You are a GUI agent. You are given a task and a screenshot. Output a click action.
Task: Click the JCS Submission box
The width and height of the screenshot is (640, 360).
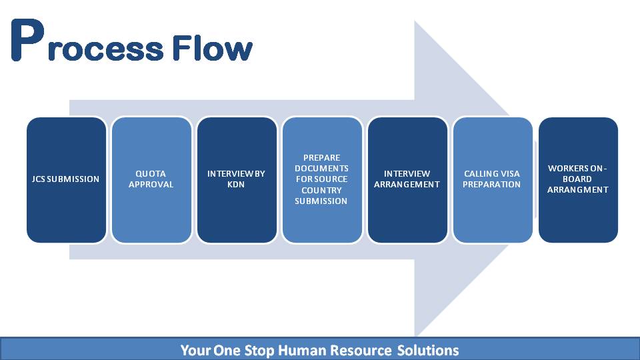pyautogui.click(x=67, y=180)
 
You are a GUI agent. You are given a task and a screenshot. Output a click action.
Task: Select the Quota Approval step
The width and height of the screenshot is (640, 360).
pyautogui.click(x=151, y=180)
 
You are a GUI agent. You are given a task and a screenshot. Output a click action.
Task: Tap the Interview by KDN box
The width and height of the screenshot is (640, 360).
pyautogui.click(x=237, y=180)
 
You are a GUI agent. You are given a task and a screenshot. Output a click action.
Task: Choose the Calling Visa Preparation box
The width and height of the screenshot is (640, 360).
pyautogui.click(x=493, y=180)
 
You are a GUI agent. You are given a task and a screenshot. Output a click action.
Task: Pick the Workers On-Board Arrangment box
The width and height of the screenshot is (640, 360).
pyautogui.click(x=578, y=180)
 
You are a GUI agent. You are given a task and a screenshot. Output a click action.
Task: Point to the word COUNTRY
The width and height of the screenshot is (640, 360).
pyautogui.click(x=321, y=190)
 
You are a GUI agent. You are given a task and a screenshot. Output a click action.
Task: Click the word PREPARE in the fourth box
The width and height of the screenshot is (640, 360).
pyautogui.click(x=321, y=157)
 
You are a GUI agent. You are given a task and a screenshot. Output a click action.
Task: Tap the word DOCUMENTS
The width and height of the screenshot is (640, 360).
pyautogui.click(x=321, y=168)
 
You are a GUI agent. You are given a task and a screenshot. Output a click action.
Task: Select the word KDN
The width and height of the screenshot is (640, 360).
pyautogui.click(x=236, y=185)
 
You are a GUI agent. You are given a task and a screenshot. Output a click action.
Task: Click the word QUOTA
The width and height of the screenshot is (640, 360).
pyautogui.click(x=151, y=173)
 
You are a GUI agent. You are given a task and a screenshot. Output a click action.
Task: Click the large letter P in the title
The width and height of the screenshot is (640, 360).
pyautogui.click(x=27, y=40)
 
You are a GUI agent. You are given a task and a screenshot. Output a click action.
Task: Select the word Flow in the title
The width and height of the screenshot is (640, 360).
pyautogui.click(x=212, y=48)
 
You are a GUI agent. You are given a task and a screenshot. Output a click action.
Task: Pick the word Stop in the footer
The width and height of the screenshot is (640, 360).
pyautogui.click(x=259, y=351)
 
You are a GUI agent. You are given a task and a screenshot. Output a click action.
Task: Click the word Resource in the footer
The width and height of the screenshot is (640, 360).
pyautogui.click(x=361, y=350)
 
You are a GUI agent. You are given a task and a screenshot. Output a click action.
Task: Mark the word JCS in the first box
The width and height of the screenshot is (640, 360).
pyautogui.click(x=39, y=179)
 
